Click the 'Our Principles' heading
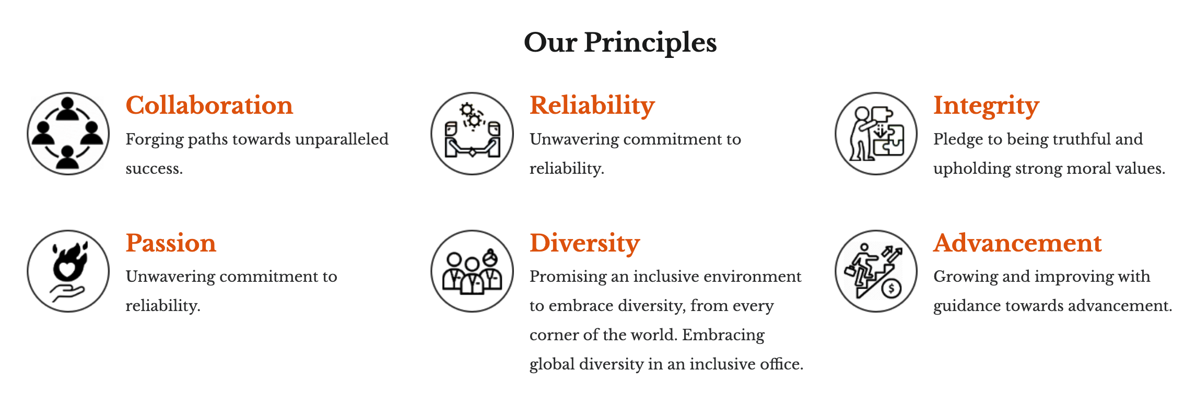click(x=620, y=43)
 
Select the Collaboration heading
click(x=209, y=105)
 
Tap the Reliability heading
click(x=592, y=106)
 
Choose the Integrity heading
click(x=987, y=106)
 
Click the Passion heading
click(x=171, y=243)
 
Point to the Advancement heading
click(x=1018, y=243)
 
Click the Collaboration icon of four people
click(x=68, y=134)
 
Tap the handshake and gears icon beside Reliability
click(x=472, y=134)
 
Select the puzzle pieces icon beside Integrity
click(x=876, y=134)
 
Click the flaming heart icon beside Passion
click(x=68, y=271)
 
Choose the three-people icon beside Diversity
click(x=472, y=271)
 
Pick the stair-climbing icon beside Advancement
click(x=876, y=271)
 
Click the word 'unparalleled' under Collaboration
click(x=342, y=140)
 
